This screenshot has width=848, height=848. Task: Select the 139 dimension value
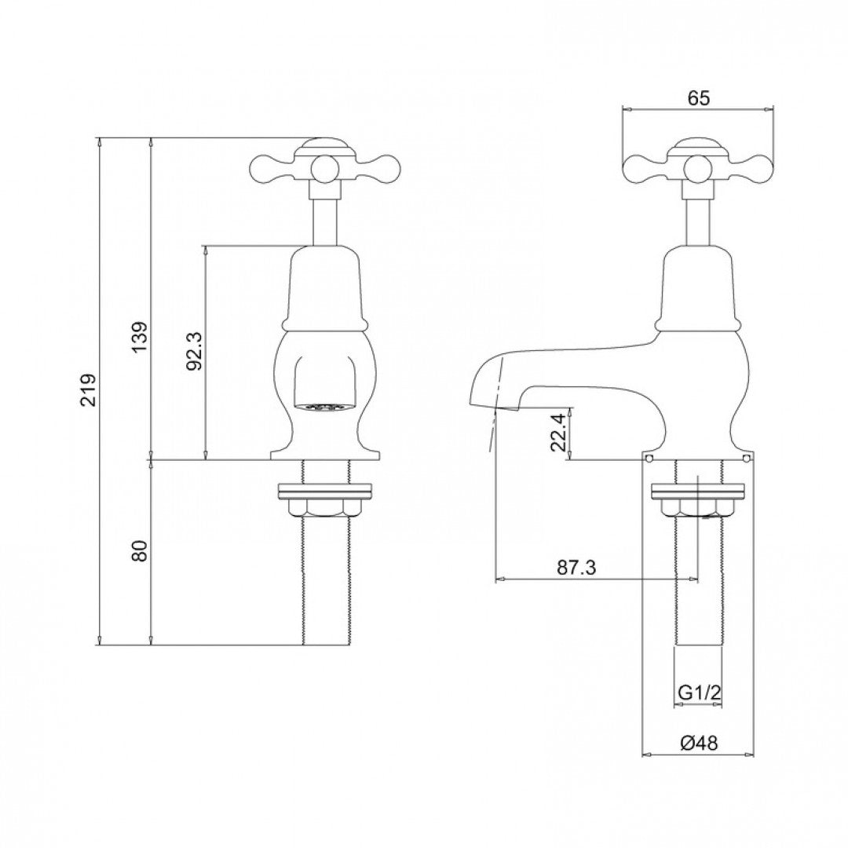[140, 337]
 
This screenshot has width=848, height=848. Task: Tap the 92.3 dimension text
[195, 350]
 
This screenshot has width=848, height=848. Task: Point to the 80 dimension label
[140, 550]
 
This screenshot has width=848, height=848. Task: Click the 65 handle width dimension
[698, 98]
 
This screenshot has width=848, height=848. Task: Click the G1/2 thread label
[698, 693]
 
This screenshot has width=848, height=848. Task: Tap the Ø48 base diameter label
[698, 742]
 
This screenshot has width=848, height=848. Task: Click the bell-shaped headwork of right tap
[698, 287]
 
